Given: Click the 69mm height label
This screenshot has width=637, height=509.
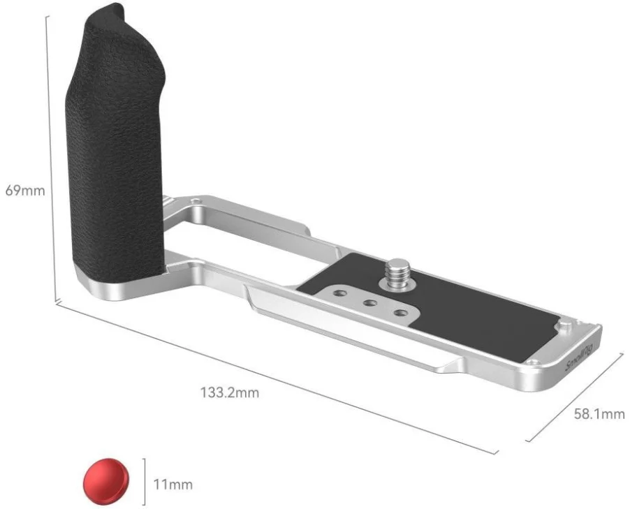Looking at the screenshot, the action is pyautogui.click(x=25, y=190).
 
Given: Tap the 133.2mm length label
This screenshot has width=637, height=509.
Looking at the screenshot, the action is pyautogui.click(x=230, y=393).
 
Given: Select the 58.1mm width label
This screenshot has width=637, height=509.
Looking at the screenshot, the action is pyautogui.click(x=599, y=414).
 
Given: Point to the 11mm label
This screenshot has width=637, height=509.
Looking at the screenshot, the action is pyautogui.click(x=173, y=485).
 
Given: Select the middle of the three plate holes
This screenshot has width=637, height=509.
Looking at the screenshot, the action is pyautogui.click(x=369, y=303).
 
